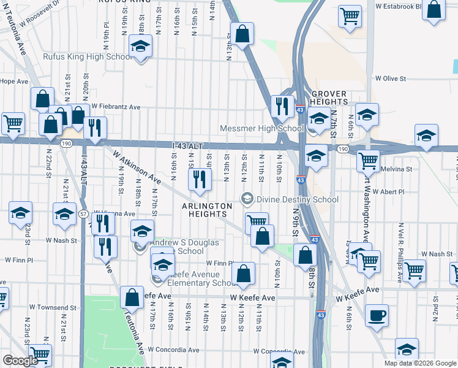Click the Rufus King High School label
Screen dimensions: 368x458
(x=88, y=56)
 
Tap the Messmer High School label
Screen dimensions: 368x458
(x=262, y=128)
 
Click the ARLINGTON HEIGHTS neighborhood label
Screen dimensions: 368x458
(x=208, y=210)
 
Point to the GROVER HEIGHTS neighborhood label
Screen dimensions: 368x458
(x=328, y=98)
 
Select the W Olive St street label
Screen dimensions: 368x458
(x=391, y=79)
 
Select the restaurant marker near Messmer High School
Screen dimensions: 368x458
(x=282, y=105)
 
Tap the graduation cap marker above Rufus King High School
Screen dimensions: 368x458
(x=141, y=46)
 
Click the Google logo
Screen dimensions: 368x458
(x=20, y=361)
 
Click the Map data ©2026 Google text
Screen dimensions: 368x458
(x=420, y=363)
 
